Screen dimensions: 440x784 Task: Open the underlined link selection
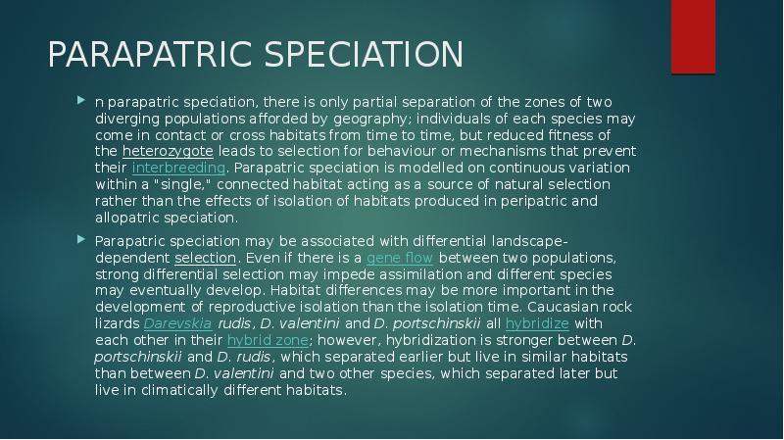[x=205, y=258]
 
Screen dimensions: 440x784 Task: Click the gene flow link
[x=399, y=258]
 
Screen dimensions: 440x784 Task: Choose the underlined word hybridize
[x=536, y=323]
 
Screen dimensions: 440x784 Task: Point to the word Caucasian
[x=597, y=307]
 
